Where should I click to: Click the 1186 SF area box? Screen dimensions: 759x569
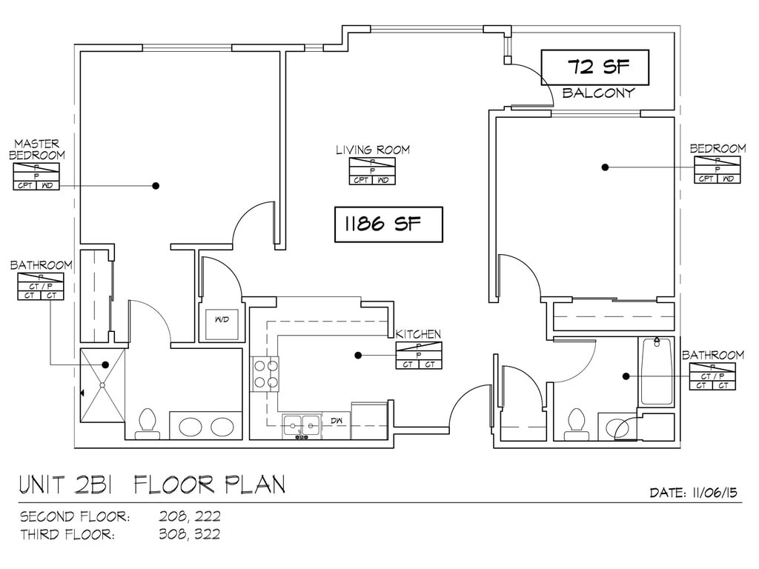point(388,224)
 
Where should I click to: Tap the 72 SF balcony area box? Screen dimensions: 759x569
point(595,67)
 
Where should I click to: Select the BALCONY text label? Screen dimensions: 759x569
point(598,93)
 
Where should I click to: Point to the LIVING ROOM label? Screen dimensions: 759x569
point(372,150)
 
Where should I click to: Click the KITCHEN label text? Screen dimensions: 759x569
point(418,334)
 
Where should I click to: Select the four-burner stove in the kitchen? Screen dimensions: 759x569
point(265,374)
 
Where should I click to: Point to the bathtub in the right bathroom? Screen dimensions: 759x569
point(657,372)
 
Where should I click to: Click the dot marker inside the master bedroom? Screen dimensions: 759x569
point(156,185)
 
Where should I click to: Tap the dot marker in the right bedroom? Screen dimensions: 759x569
point(605,167)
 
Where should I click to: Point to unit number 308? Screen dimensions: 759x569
point(170,534)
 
